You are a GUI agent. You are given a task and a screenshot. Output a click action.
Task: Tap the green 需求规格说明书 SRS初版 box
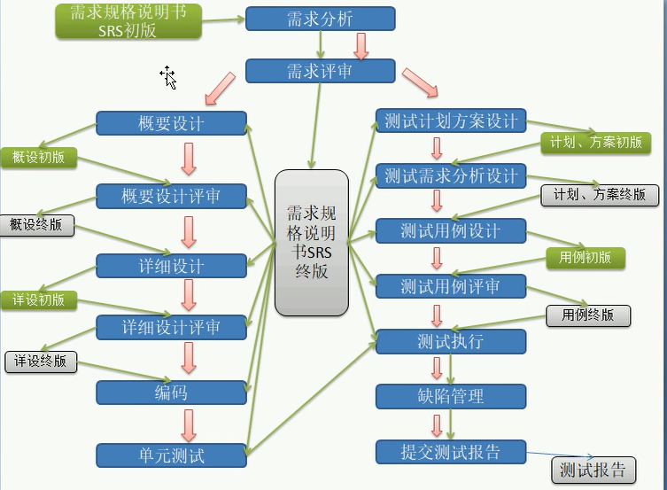pos(128,21)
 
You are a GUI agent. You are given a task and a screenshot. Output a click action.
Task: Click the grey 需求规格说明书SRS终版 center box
pos(312,242)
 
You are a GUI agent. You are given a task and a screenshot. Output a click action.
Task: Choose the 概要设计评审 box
pos(171,196)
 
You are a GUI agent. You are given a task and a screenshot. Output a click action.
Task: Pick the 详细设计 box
pos(171,266)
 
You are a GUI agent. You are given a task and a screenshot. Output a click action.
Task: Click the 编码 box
pos(171,393)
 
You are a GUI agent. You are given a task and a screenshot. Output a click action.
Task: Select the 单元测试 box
pos(171,455)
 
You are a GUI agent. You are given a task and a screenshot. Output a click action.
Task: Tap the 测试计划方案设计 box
pos(451,121)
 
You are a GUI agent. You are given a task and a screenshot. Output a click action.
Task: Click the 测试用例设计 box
pos(451,231)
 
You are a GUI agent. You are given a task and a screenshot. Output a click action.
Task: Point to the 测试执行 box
pos(451,341)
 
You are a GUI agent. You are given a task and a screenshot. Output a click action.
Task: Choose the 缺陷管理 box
pos(451,396)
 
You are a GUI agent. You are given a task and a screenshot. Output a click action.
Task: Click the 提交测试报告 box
pos(451,452)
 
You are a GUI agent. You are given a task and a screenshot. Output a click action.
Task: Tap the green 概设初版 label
pos(38,158)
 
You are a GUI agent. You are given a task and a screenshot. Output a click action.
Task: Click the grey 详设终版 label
pos(41,362)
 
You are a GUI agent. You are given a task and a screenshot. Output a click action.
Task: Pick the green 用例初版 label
pos(586,258)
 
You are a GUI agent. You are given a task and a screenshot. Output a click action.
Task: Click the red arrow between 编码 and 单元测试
pos(188,424)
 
